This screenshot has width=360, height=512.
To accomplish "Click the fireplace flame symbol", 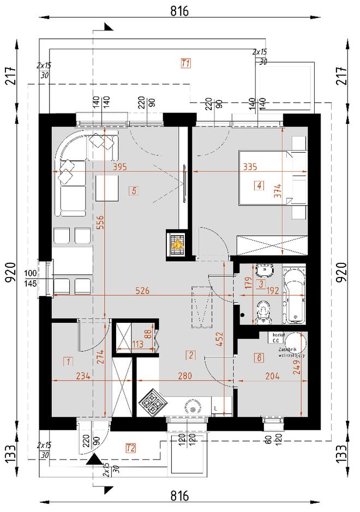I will pyautogui.click(x=177, y=244).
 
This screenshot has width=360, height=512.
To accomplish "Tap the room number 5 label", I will pyautogui.click(x=134, y=190).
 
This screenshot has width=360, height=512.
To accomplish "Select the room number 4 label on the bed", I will pyautogui.click(x=259, y=186).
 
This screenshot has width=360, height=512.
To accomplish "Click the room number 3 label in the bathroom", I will pyautogui.click(x=261, y=284).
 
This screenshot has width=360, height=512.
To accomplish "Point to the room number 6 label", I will pyautogui.click(x=259, y=357).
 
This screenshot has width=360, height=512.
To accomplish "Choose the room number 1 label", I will pyautogui.click(x=68, y=360).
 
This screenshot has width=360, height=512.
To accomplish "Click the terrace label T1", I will pyautogui.click(x=185, y=63).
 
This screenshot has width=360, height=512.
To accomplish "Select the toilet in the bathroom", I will pyautogui.click(x=262, y=311).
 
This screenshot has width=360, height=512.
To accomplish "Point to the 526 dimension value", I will pyautogui.click(x=142, y=291).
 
